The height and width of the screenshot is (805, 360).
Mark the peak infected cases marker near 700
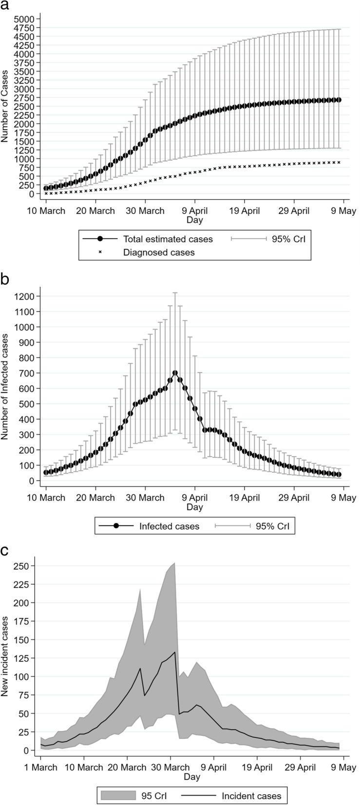[175, 373]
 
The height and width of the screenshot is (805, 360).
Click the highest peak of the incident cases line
[175, 652]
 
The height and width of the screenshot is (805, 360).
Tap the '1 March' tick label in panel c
[41, 768]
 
